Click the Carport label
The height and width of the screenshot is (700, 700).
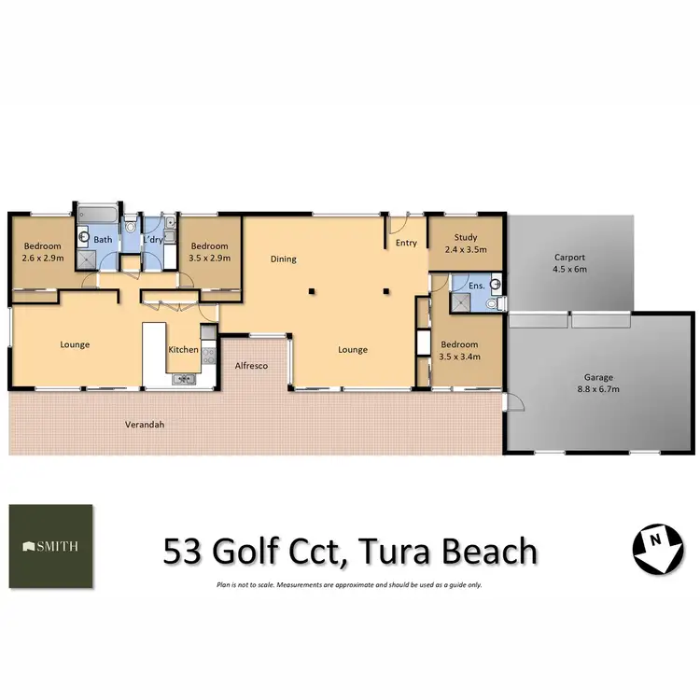point(570,262)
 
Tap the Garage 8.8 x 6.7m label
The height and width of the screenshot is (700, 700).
point(595,382)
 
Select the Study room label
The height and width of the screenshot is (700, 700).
point(465,244)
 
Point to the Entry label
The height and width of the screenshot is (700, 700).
point(406,244)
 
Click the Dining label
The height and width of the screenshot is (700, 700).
point(284,259)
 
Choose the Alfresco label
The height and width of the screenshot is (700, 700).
point(251,366)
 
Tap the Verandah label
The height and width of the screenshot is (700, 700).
point(145,425)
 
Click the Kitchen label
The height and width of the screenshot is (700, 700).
point(183,350)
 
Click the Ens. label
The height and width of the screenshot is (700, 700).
point(476,286)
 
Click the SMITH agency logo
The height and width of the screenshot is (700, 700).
point(51,547)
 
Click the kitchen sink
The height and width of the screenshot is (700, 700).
point(184,378)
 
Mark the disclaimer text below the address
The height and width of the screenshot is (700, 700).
point(349,585)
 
